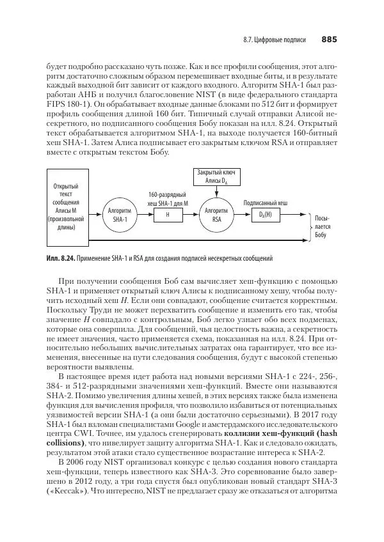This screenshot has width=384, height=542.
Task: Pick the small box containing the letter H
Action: pyautogui.click(x=167, y=215)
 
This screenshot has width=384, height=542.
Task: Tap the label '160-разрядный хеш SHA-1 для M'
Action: pyautogui.click(x=167, y=198)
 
